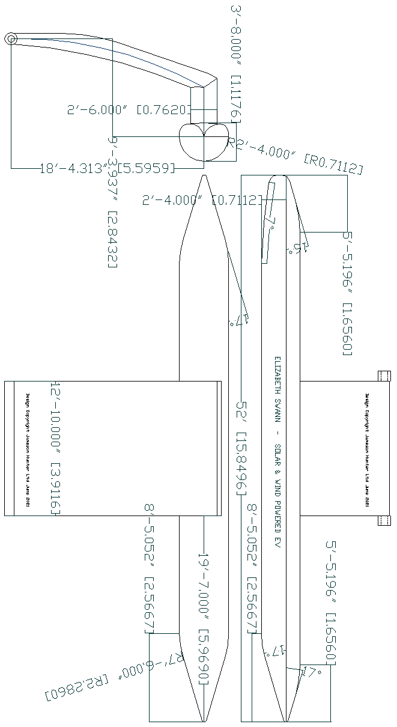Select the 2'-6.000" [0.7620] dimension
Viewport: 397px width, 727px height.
point(129,109)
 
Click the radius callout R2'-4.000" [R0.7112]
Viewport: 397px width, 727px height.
point(297,156)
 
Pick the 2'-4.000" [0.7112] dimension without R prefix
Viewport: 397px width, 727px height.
point(202,199)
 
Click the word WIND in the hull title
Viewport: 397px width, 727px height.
point(277,486)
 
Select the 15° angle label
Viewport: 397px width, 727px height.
point(298,248)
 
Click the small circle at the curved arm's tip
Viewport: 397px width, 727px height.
point(11,39)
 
